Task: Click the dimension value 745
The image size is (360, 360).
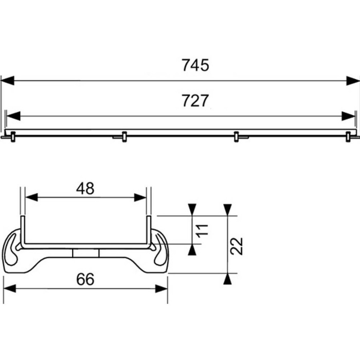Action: pyautogui.click(x=195, y=65)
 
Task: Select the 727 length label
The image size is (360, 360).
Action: pyautogui.click(x=195, y=101)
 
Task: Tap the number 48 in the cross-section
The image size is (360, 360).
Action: pyautogui.click(x=85, y=189)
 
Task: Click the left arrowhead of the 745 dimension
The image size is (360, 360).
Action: pyautogui.click(x=7, y=80)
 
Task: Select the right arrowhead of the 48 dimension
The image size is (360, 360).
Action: pyautogui.click(x=141, y=197)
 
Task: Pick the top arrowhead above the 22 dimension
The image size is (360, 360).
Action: pyautogui.click(x=227, y=209)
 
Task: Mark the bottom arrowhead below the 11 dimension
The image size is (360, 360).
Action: pyautogui.click(x=192, y=250)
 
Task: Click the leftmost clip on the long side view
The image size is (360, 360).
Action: pyautogui.click(x=11, y=136)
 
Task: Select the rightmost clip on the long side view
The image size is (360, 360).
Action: pyautogui.click(x=349, y=136)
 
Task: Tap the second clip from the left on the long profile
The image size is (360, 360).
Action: pyautogui.click(x=123, y=136)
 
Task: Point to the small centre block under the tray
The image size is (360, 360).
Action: pyautogui.click(x=85, y=253)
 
